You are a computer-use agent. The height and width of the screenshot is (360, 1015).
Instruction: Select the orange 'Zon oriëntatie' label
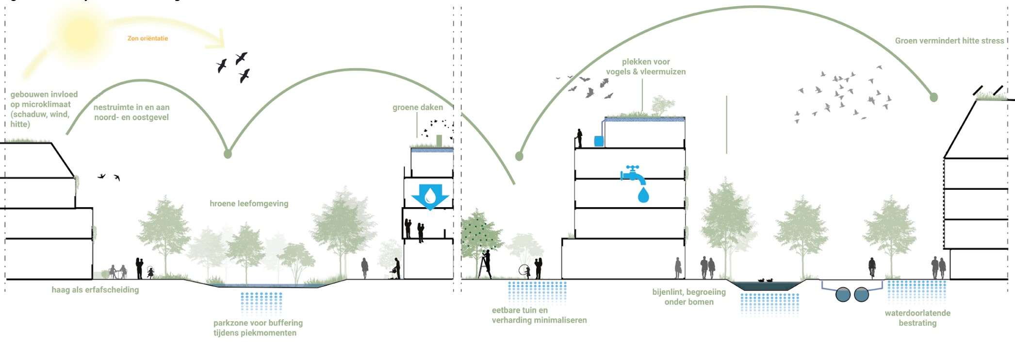pyautogui.click(x=147, y=38)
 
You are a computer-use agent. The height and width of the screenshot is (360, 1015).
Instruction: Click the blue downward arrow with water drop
pyautogui.click(x=430, y=196)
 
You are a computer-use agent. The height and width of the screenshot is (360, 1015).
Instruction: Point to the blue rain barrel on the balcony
pyautogui.click(x=599, y=141)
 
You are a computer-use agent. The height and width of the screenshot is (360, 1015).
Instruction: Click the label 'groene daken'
pyautogui.click(x=417, y=107)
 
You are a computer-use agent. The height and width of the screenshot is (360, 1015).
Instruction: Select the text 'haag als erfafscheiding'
pyautogui.click(x=95, y=290)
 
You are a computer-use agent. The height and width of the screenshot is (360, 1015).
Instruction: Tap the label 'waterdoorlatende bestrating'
pyautogui.click(x=917, y=318)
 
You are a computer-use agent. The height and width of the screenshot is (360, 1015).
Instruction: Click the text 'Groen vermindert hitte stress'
pyautogui.click(x=949, y=41)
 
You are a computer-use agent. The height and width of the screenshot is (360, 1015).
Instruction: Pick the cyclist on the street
pyautogui.click(x=872, y=267)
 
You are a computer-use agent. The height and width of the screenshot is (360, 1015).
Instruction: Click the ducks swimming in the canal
pyautogui.click(x=765, y=280)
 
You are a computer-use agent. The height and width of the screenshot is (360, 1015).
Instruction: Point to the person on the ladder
pyautogui.click(x=485, y=264)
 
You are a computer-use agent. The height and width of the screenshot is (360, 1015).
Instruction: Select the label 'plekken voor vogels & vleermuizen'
pyautogui.click(x=646, y=66)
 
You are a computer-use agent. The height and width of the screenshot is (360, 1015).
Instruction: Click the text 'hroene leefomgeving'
pyautogui.click(x=249, y=203)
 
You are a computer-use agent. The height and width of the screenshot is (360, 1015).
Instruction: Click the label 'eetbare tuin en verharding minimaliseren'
pyautogui.click(x=539, y=315)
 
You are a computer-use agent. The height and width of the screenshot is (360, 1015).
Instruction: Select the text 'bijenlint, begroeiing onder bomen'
pyautogui.click(x=689, y=296)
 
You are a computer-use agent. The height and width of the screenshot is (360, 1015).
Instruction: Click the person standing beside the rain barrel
pyautogui.click(x=579, y=138)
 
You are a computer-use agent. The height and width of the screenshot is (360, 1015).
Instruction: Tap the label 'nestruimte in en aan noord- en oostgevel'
pyautogui.click(x=131, y=112)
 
